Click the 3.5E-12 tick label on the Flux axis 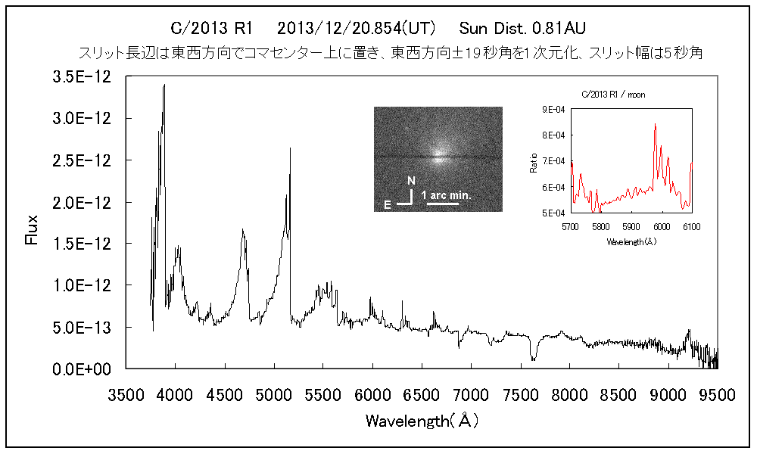89,76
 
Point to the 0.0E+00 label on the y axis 89,369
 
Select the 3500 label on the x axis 126,394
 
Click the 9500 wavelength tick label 717,394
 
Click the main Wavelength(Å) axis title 422,420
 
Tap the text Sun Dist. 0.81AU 522,30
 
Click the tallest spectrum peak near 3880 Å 164,86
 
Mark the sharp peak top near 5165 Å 290,148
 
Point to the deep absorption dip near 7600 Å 534,359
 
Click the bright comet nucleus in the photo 438,158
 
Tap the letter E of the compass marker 388,204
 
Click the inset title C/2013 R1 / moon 618,95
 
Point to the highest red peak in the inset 655,124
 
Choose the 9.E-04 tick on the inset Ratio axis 556,109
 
